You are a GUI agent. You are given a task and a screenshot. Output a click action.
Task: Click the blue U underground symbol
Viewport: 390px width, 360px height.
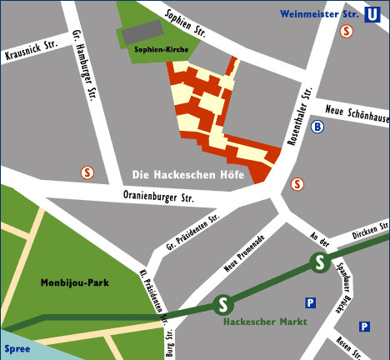(372, 14)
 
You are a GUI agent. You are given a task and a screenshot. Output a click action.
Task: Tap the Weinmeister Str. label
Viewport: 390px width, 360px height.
(318, 13)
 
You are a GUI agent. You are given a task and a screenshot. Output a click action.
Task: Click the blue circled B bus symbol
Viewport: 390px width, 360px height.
(317, 127)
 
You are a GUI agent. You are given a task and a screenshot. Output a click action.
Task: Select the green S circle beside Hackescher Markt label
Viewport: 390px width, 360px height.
(222, 306)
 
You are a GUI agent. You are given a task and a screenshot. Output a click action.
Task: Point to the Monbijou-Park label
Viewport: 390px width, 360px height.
(74, 283)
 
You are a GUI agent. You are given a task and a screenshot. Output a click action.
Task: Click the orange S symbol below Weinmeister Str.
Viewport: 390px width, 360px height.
(346, 31)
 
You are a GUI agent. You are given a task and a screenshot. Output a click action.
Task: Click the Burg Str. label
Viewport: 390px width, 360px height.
(169, 342)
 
